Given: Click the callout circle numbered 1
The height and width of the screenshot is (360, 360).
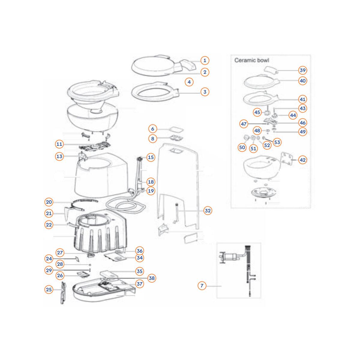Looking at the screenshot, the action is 205,60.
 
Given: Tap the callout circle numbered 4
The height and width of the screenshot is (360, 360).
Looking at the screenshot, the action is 189,82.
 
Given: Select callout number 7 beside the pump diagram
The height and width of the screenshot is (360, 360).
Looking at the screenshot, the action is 202,286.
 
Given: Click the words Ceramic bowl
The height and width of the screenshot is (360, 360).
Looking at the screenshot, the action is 252,60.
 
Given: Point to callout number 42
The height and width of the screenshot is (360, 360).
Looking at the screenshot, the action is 302,160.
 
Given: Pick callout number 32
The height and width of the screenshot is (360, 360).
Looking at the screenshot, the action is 208,211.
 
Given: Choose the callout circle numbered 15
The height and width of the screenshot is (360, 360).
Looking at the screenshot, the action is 151,157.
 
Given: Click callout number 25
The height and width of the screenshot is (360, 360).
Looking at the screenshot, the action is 49,289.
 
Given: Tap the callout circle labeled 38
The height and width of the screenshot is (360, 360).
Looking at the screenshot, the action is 151,278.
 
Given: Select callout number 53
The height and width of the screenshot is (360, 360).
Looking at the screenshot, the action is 277,142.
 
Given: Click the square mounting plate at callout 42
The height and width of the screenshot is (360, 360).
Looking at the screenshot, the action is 286,158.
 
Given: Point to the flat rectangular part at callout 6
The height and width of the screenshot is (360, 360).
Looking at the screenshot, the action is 176,129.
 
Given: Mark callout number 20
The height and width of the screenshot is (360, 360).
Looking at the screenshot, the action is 49,202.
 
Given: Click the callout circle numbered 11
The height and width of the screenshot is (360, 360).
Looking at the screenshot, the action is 59,144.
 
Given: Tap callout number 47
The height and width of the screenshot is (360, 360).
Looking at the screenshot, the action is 244,124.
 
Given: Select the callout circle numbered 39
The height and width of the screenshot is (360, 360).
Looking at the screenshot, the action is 302,70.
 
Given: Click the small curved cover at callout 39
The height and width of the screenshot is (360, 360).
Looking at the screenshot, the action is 271,70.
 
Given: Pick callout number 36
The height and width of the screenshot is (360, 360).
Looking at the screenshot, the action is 139,251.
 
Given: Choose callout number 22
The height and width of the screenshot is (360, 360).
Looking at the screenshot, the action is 49,225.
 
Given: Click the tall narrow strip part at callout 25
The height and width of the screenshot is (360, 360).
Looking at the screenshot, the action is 63,292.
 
